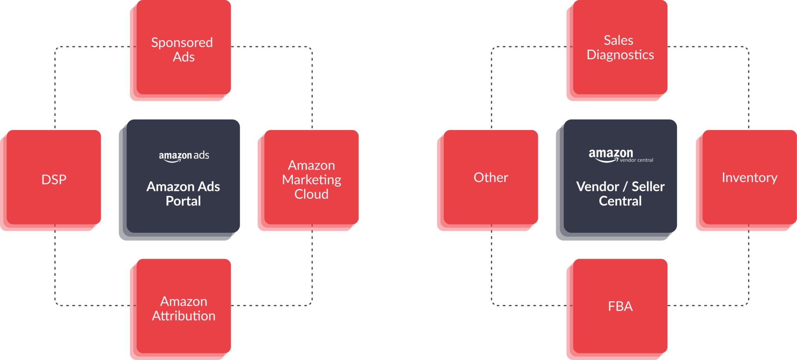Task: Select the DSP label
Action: pyautogui.click(x=54, y=179)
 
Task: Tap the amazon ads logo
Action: pyautogui.click(x=184, y=156)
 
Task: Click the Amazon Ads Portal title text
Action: pyautogui.click(x=183, y=193)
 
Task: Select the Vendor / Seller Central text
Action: pyautogui.click(x=620, y=193)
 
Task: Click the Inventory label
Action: pyautogui.click(x=750, y=177)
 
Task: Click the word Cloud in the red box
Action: pyautogui.click(x=311, y=194)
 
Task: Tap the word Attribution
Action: pyautogui.click(x=184, y=316)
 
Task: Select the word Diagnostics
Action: pyautogui.click(x=620, y=54)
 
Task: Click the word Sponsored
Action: pyautogui.click(x=182, y=42)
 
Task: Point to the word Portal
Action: pyautogui.click(x=183, y=201)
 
